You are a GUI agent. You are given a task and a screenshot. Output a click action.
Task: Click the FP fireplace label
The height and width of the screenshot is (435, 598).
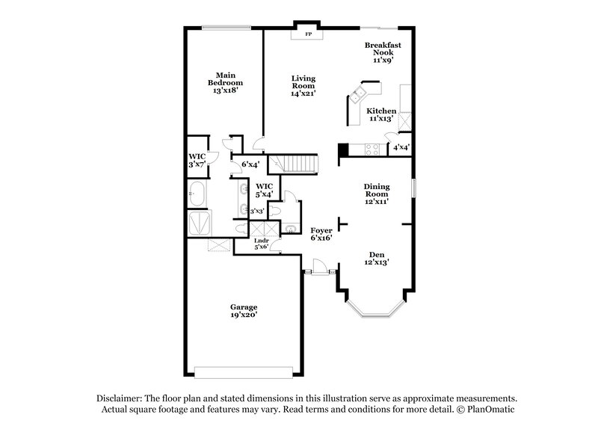click(x=306, y=34)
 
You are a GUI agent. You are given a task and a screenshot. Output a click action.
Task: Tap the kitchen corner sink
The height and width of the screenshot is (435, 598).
click(x=359, y=94)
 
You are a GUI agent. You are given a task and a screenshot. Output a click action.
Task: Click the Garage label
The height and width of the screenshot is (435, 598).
click(x=244, y=307)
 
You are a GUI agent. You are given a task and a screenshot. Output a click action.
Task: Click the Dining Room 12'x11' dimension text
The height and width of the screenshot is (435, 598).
click(x=377, y=201)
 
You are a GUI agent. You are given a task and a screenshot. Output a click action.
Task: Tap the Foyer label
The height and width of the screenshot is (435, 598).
click(x=321, y=230)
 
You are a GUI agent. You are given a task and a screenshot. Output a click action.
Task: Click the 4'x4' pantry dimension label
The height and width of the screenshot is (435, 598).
click(x=401, y=147)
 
